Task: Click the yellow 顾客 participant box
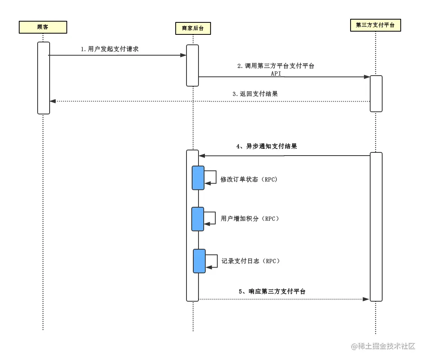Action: tap(43, 27)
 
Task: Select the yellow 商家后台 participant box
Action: tap(193, 28)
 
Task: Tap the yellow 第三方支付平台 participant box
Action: tap(375, 26)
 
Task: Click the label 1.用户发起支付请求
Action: tap(110, 49)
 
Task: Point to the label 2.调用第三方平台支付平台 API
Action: tap(276, 69)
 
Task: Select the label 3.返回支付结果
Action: tap(255, 94)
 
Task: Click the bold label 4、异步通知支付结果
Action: tap(267, 146)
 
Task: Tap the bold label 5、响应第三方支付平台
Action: tap(272, 292)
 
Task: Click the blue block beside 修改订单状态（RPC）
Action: tap(198, 178)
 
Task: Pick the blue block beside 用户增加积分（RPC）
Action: tap(198, 219)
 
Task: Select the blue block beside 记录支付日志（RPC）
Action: tap(199, 261)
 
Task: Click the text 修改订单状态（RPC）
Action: tap(249, 180)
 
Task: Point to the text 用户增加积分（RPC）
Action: tap(250, 219)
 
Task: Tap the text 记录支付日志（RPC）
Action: tap(251, 261)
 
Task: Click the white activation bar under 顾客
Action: tap(44, 78)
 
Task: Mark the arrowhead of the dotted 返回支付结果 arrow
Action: tap(52, 101)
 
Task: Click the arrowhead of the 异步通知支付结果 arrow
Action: tap(202, 156)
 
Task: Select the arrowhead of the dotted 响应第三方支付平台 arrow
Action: tap(366, 299)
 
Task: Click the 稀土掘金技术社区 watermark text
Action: tap(383, 346)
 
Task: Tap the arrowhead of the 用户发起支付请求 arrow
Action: tap(183, 55)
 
